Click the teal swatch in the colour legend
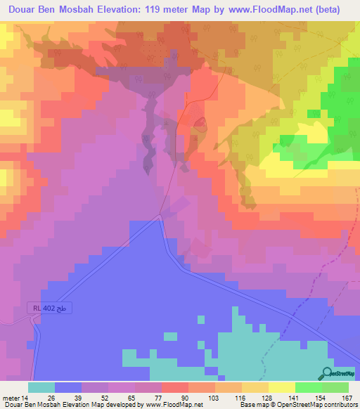point(41,387)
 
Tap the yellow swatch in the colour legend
point(282,387)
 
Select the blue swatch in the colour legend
point(68,387)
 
